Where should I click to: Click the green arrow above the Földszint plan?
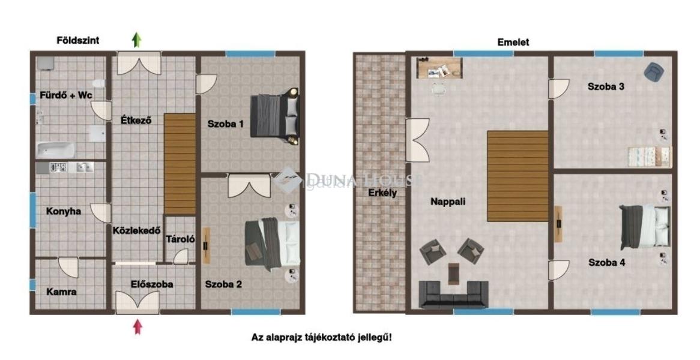137,40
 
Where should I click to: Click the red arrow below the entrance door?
138,327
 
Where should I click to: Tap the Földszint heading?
77,40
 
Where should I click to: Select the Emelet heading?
513,43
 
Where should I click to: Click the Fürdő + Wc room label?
66,95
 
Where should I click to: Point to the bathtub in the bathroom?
55,151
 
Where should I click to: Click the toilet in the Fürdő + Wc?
98,84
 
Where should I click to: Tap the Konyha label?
64,211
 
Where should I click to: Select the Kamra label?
62,292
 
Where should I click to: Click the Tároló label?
180,239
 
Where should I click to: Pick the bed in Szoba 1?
274,116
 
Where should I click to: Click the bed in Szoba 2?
273,244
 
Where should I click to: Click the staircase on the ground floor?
180,164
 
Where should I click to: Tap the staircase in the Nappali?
517,176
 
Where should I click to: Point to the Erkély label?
382,193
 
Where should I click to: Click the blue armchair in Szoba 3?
654,72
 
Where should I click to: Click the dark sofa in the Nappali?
453,295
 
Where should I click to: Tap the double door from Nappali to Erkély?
417,140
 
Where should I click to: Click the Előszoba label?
152,284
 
